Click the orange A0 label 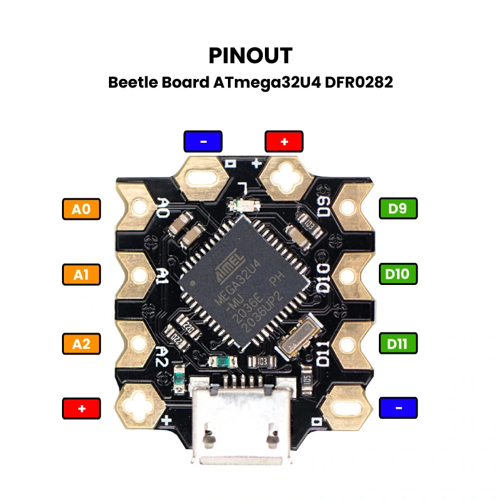(x=81, y=209)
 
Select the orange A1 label (x=81, y=274)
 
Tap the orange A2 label (x=81, y=343)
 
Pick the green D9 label (x=398, y=209)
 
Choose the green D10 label (x=398, y=274)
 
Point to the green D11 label (x=398, y=343)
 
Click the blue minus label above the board (x=203, y=141)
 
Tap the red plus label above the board (x=284, y=141)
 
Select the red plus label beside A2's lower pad (x=81, y=408)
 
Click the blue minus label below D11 (x=398, y=408)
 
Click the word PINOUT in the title (x=250, y=55)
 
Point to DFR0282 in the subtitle (x=359, y=83)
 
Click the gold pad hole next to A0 (x=139, y=206)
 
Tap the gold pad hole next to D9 (x=348, y=206)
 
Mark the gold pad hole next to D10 (x=348, y=274)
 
